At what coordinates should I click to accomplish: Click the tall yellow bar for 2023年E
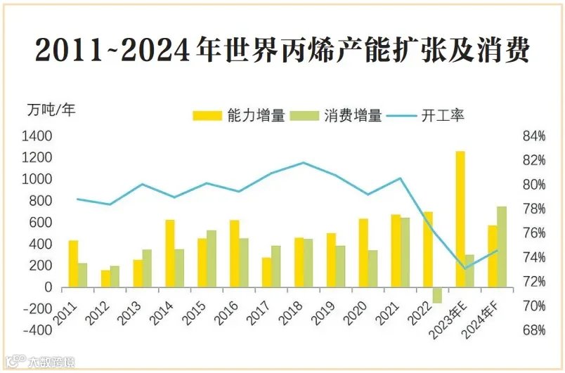[x=460, y=219]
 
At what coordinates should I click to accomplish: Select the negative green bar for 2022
[x=437, y=295]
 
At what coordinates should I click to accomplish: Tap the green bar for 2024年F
[x=502, y=247]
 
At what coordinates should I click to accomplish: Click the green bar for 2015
[x=212, y=259]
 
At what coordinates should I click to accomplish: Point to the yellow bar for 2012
[x=105, y=279]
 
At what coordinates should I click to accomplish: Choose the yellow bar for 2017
[x=266, y=273]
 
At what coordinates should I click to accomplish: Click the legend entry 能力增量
[x=238, y=116]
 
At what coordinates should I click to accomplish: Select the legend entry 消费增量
[x=335, y=116]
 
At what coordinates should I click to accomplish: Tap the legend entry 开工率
[x=425, y=116]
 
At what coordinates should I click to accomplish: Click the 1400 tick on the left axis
[x=37, y=136]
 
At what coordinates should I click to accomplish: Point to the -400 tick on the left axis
[x=37, y=330]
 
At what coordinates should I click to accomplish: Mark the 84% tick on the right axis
[x=533, y=136]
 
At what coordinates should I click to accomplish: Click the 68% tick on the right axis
[x=533, y=330]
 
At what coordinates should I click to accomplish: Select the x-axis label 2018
[x=290, y=313]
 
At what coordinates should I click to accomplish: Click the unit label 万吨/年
[x=51, y=110]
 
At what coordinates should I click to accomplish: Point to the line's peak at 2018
[x=304, y=162]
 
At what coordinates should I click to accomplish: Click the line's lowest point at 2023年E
[x=465, y=268]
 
